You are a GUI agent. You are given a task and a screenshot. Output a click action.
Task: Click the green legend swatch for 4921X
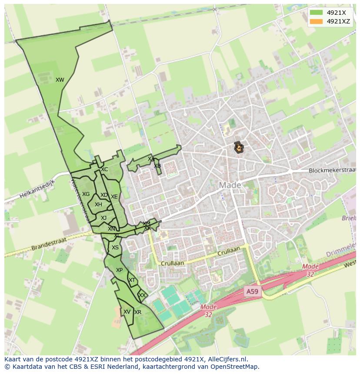(316, 12)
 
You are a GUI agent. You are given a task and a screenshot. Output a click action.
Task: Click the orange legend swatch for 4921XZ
(316, 21)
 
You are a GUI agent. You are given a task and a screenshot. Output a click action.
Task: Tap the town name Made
(230, 185)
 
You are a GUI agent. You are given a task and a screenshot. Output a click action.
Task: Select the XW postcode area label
(60, 80)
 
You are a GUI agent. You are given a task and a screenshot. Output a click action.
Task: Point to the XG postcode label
(86, 194)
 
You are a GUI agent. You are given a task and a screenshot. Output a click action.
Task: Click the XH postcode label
(98, 205)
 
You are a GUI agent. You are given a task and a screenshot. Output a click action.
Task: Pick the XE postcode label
(114, 197)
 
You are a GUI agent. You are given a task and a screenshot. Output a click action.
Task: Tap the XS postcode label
(115, 248)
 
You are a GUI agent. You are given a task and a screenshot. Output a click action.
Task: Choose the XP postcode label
(119, 270)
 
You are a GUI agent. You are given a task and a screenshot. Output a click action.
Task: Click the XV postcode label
(127, 312)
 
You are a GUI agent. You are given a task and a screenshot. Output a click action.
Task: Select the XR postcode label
(138, 312)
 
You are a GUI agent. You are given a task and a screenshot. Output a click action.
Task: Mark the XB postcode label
(157, 166)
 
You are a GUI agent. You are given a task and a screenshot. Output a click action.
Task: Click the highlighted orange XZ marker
(239, 148)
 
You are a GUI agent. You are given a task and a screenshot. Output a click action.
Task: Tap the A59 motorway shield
(252, 292)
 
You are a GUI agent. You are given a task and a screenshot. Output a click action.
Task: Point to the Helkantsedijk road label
(37, 190)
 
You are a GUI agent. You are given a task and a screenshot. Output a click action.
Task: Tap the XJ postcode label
(103, 218)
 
